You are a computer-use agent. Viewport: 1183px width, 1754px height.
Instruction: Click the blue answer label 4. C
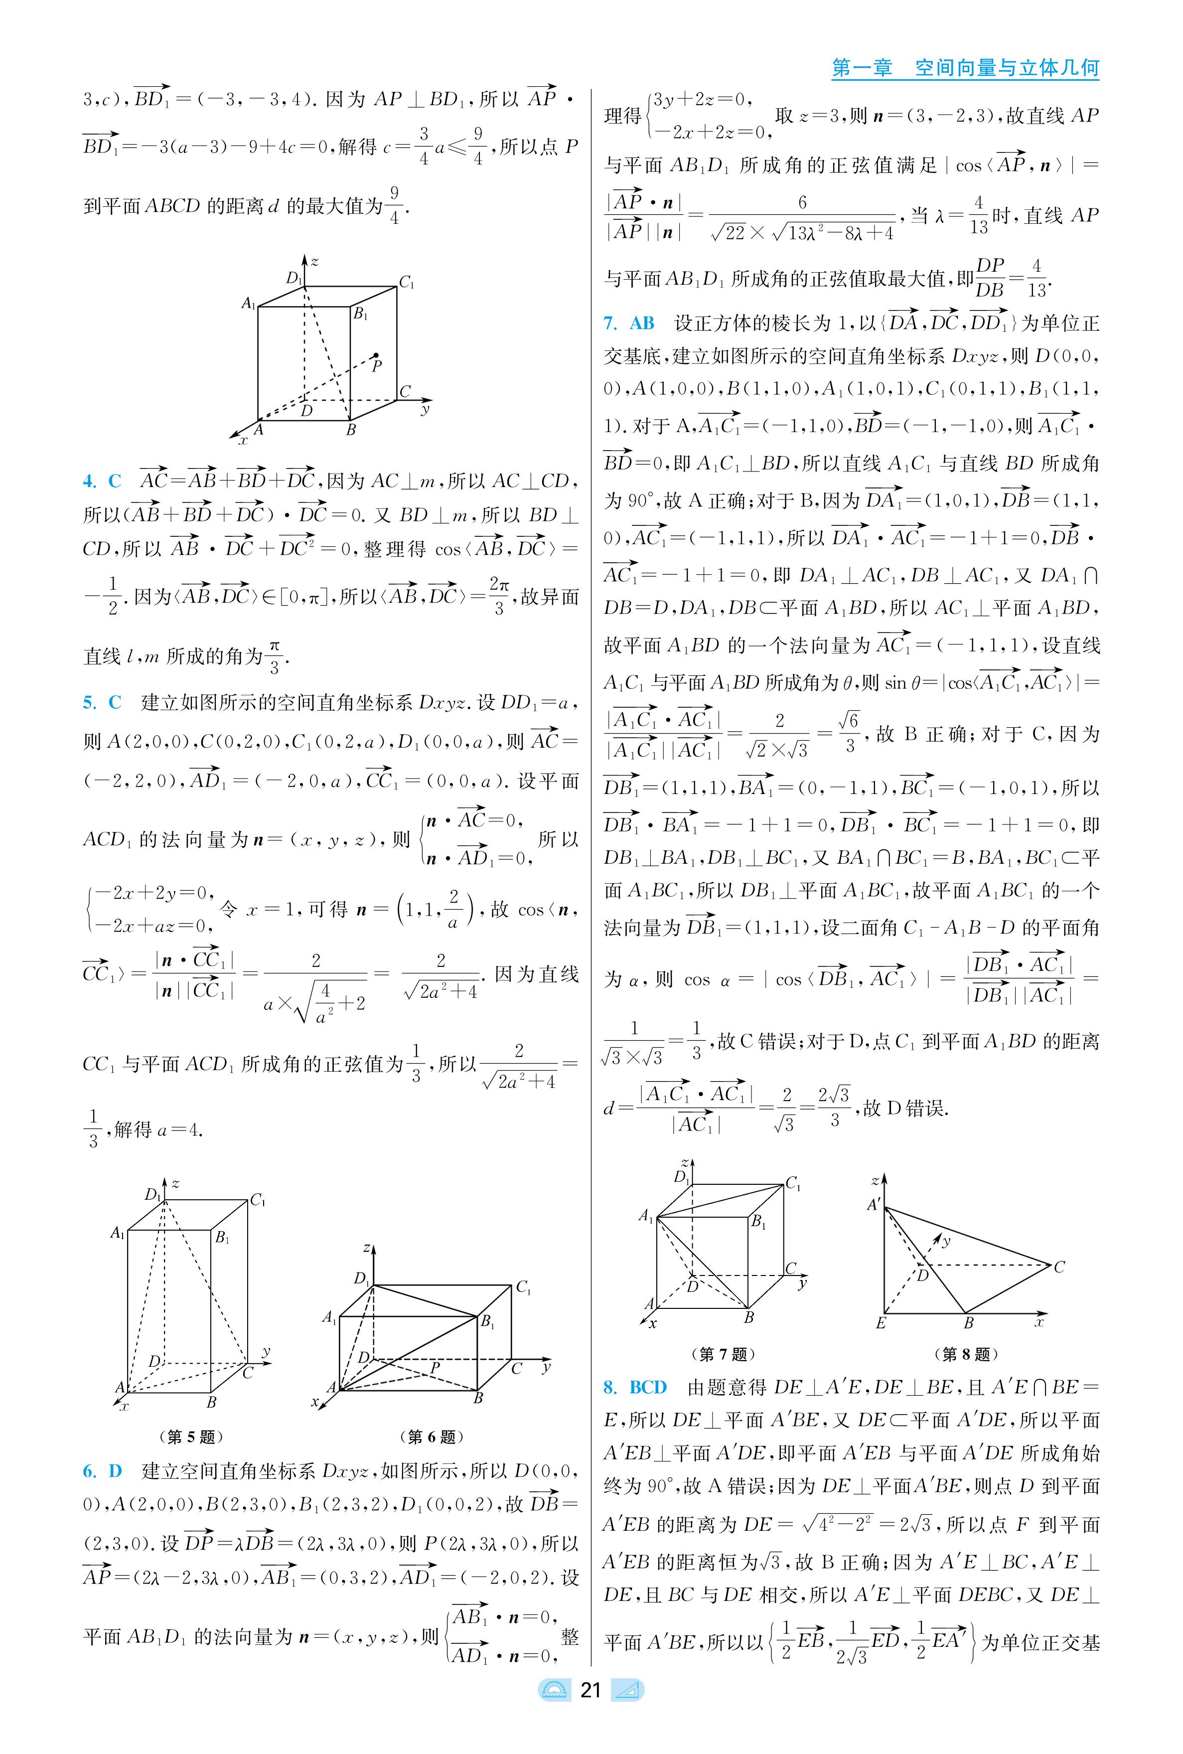point(102,481)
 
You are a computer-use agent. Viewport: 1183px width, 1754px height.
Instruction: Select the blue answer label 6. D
point(102,1471)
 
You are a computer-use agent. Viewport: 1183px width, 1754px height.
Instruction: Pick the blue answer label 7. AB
point(628,323)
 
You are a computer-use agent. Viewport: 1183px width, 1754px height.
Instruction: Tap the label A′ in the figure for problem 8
point(874,1205)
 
